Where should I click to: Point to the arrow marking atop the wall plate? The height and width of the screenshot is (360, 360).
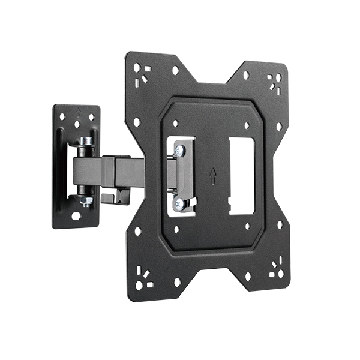click(79, 110)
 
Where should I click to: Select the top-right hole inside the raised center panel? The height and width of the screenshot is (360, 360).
click(247, 126)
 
